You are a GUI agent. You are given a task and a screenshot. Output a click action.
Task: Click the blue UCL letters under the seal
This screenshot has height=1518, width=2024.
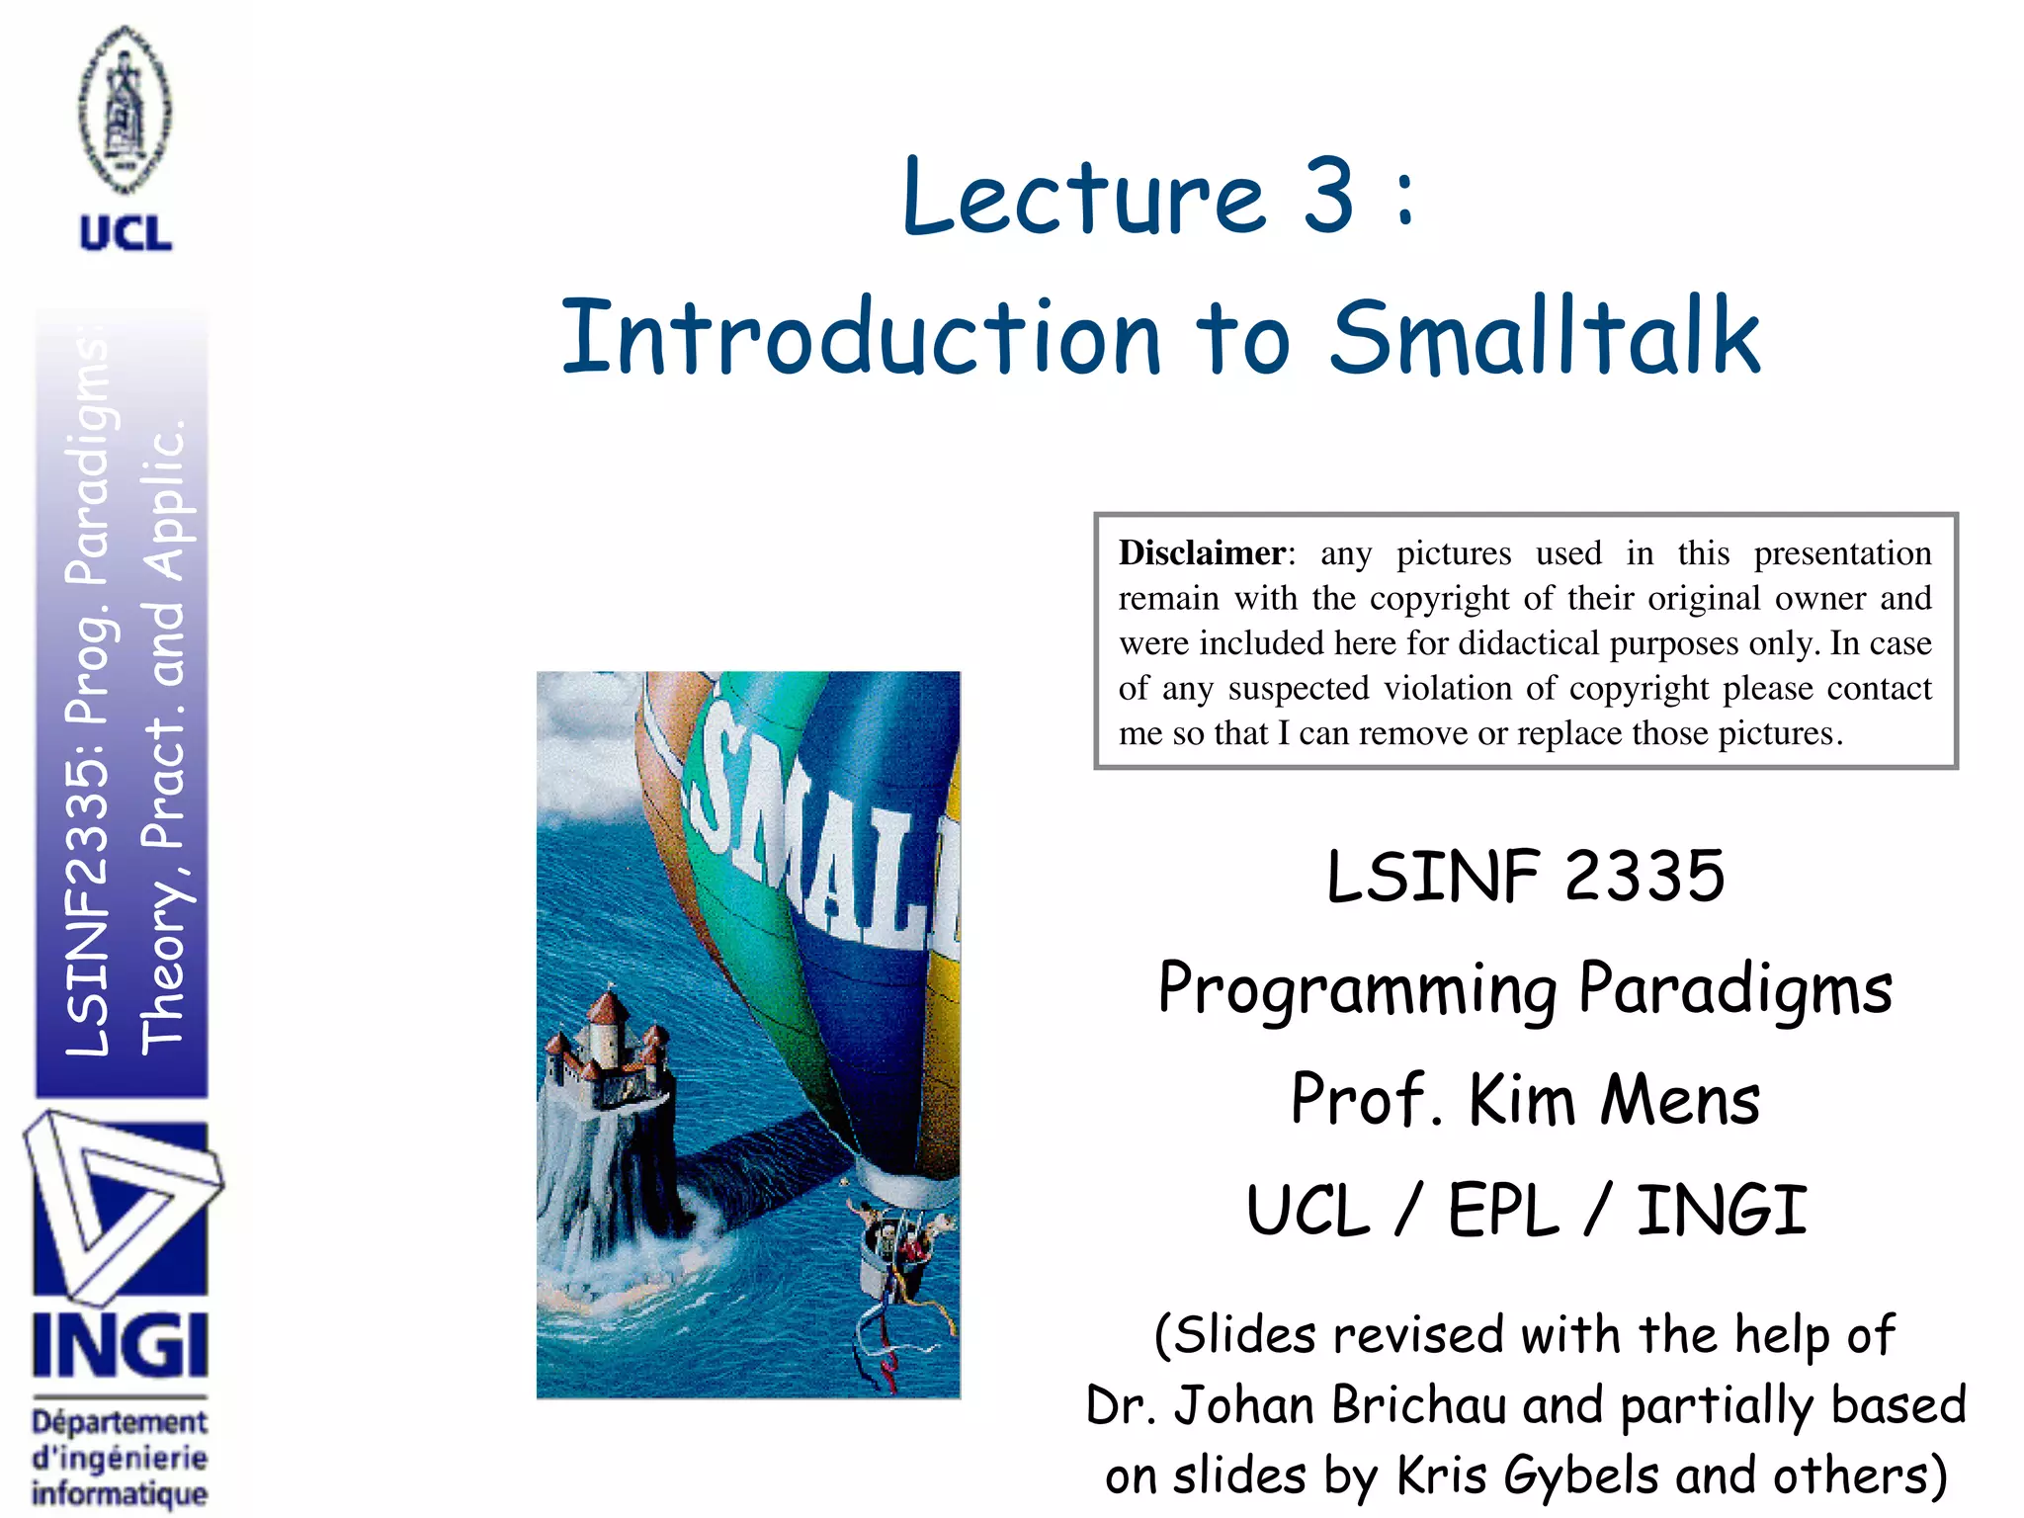coord(126,234)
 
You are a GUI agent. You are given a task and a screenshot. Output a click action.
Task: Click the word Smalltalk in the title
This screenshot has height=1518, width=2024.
coord(1544,338)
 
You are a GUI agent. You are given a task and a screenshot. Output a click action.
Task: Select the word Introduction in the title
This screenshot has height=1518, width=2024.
coord(859,338)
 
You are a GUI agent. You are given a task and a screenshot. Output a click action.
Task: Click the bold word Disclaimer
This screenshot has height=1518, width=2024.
coord(1201,552)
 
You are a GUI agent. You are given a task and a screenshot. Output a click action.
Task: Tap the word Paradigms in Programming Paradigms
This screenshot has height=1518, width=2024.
coord(1734,988)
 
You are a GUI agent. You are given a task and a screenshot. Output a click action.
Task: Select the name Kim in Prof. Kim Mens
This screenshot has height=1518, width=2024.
coord(1522,1100)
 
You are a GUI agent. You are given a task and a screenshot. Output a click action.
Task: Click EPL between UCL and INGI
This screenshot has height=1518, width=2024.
coord(1503,1211)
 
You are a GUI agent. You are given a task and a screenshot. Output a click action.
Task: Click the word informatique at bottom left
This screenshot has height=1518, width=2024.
coord(120,1492)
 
